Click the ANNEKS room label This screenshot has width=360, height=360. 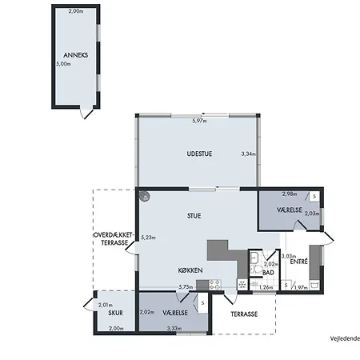(x=76, y=55)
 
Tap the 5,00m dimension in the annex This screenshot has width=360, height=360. (x=63, y=64)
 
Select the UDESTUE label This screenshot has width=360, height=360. (x=199, y=154)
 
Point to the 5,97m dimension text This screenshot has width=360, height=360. (x=199, y=121)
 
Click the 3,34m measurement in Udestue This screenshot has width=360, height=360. (x=249, y=154)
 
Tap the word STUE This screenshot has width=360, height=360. (x=194, y=216)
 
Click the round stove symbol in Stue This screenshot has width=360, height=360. (x=145, y=196)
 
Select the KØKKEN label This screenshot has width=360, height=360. (x=190, y=270)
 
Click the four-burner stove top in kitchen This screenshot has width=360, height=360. (x=215, y=285)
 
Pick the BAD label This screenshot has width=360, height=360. (x=268, y=273)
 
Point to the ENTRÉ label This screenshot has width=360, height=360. (x=299, y=262)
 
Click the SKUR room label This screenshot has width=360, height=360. (x=115, y=313)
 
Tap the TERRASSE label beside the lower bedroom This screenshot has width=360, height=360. (x=244, y=314)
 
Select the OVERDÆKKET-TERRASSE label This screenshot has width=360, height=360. (x=114, y=239)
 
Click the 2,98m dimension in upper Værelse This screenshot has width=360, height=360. (x=290, y=194)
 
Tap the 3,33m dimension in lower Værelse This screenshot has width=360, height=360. (x=174, y=329)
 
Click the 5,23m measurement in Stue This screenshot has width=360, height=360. (x=148, y=238)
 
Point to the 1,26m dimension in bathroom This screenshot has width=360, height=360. (x=266, y=287)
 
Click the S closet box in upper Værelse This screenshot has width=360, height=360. (x=314, y=197)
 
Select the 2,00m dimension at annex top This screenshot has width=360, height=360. (x=76, y=11)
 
